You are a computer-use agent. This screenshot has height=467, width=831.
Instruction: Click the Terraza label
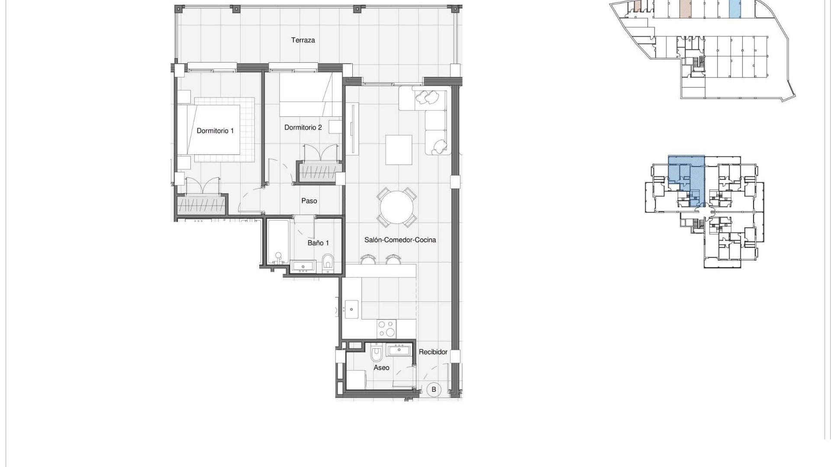click(303, 40)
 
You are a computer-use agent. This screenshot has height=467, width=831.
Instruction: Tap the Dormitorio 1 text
click(215, 131)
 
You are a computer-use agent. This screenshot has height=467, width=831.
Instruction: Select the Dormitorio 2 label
click(303, 128)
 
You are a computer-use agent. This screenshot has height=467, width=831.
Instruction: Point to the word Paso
click(309, 201)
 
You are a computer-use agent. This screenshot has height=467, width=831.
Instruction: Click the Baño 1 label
click(318, 243)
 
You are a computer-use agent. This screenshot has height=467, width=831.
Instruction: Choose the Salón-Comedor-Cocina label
click(400, 240)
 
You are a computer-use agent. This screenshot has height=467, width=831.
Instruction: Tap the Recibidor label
click(433, 352)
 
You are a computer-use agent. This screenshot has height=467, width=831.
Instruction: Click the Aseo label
click(381, 368)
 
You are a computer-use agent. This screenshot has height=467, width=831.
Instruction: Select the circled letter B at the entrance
click(433, 390)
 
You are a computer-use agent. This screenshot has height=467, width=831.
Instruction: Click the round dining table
click(396, 208)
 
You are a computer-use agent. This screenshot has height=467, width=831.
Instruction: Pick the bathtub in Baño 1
click(277, 242)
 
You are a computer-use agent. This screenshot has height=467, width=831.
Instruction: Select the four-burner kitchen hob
click(386, 328)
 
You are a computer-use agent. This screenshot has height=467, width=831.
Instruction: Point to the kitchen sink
click(351, 310)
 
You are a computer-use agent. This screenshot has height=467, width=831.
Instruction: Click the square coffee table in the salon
click(399, 150)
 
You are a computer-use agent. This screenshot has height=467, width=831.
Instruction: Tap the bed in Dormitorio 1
click(214, 130)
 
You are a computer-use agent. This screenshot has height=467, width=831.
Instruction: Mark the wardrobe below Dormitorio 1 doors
click(202, 205)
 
